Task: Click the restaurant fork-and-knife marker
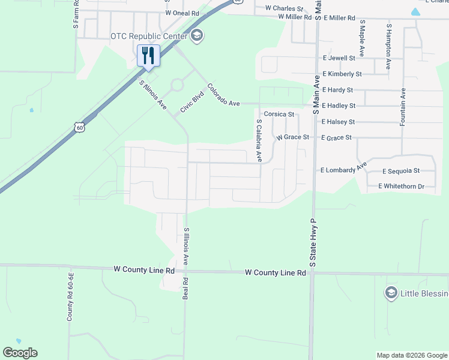pos(148,56)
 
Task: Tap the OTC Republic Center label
pos(149,36)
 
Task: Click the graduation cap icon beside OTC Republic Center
pos(196,36)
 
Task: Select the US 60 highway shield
pos(80,127)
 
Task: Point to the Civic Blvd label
pos(193,103)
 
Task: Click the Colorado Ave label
pos(223,95)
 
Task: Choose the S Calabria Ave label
pos(259,140)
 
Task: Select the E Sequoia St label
pos(400,171)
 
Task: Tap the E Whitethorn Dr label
pos(401,187)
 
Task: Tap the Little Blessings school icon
pos(391,293)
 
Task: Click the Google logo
pos(20,353)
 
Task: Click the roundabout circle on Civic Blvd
pos(176,85)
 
